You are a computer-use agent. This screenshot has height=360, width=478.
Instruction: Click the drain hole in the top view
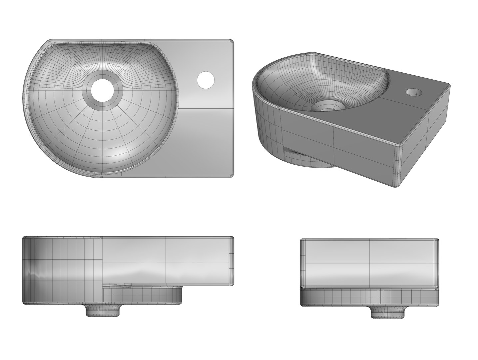pos(101,90)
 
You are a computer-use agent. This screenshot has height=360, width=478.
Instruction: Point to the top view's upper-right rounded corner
pos(231,41)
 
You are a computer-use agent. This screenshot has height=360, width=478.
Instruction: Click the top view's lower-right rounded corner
pos(231,174)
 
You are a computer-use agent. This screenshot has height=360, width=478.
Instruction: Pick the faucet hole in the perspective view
pos(413,91)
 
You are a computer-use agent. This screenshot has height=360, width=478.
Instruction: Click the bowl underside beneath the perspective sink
pos(313,164)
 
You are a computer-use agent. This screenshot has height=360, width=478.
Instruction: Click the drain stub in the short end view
pos(388,312)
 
